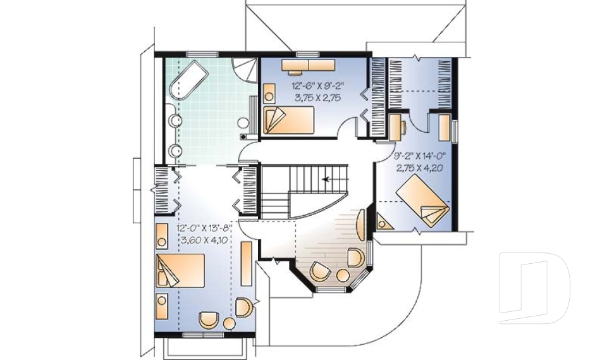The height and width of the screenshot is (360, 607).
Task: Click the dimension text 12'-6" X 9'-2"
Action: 316,85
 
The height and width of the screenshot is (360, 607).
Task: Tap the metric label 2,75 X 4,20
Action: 419,168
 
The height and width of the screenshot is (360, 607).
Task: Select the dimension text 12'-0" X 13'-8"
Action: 205,228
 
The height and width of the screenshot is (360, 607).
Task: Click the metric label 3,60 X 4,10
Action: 205,240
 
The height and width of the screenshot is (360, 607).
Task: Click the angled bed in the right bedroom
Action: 422,199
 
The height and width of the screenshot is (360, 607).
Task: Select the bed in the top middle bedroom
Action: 288,120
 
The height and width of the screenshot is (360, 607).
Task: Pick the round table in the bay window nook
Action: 343,276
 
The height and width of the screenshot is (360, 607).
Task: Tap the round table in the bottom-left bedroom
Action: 229,325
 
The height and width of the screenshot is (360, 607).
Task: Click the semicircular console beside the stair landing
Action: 360,225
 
